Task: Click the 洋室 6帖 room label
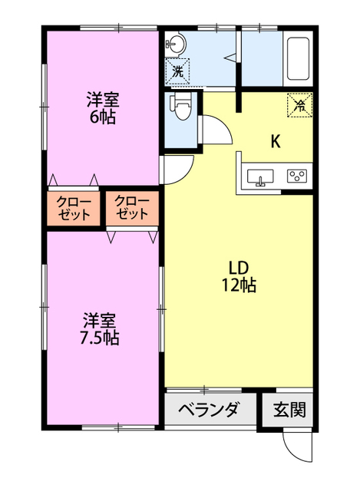point(101,108)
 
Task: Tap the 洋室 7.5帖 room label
point(101,328)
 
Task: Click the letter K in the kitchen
point(275,141)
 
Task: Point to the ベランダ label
point(210,410)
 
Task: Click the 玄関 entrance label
point(290,410)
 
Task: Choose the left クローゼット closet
point(74,207)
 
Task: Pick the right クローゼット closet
point(132,207)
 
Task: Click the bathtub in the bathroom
point(298,59)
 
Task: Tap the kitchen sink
point(262,176)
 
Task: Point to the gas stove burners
point(297,176)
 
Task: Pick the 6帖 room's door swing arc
point(177,170)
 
